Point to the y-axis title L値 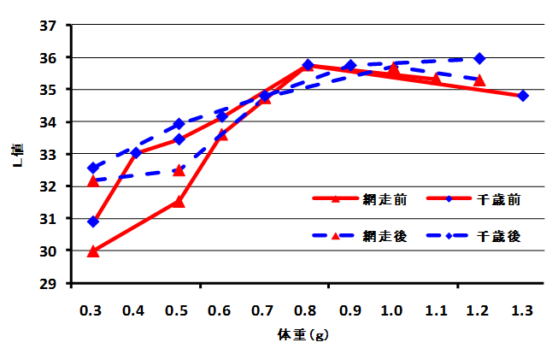pos(18,154)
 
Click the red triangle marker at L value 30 pos(93,251)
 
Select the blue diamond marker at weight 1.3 pos(523,96)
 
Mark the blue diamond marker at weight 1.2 pos(479,58)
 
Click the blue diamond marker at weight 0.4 pos(136,153)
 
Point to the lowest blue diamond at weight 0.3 pos(93,221)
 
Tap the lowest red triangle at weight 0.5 pos(179,202)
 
